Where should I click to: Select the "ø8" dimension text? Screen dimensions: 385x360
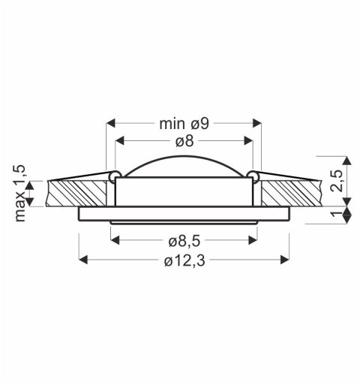[x=184, y=141]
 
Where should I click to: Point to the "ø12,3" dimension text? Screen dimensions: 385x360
[x=183, y=260]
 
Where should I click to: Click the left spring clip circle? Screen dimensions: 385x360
[x=113, y=176]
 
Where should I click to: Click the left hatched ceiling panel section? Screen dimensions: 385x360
[x=75, y=192]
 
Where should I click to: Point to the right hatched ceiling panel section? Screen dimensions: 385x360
[x=292, y=192]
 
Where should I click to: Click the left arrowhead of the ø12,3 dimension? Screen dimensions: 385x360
[x=83, y=260]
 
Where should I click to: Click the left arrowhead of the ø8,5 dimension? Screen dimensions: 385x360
[x=115, y=241]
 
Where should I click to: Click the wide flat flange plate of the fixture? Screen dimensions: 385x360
[x=183, y=215]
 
